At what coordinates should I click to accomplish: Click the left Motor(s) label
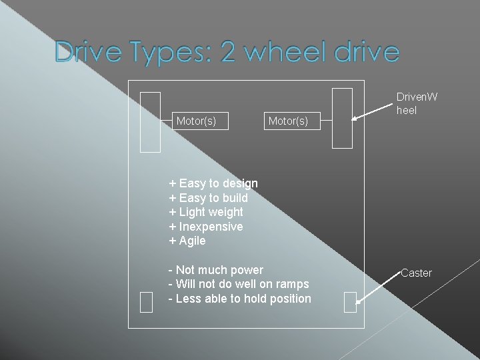pyautogui.click(x=196, y=121)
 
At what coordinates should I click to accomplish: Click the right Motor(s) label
pyautogui.click(x=288, y=121)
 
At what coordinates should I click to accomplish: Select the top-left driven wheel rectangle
pyautogui.click(x=151, y=122)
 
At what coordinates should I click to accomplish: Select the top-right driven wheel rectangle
pyautogui.click(x=342, y=118)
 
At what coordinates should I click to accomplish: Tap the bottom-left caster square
pyautogui.click(x=147, y=302)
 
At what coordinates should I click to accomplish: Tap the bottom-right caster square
pyautogui.click(x=350, y=302)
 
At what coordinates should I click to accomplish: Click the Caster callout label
pyautogui.click(x=417, y=273)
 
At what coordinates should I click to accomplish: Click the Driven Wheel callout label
pyautogui.click(x=417, y=103)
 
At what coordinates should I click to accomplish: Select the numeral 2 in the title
pyautogui.click(x=228, y=53)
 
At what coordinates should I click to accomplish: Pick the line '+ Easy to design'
pyautogui.click(x=213, y=183)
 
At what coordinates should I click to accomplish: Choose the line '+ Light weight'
pyautogui.click(x=206, y=212)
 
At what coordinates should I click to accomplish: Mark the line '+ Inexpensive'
pyautogui.click(x=206, y=227)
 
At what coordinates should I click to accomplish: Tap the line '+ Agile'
pyautogui.click(x=187, y=241)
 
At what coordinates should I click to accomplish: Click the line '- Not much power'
pyautogui.click(x=216, y=270)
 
